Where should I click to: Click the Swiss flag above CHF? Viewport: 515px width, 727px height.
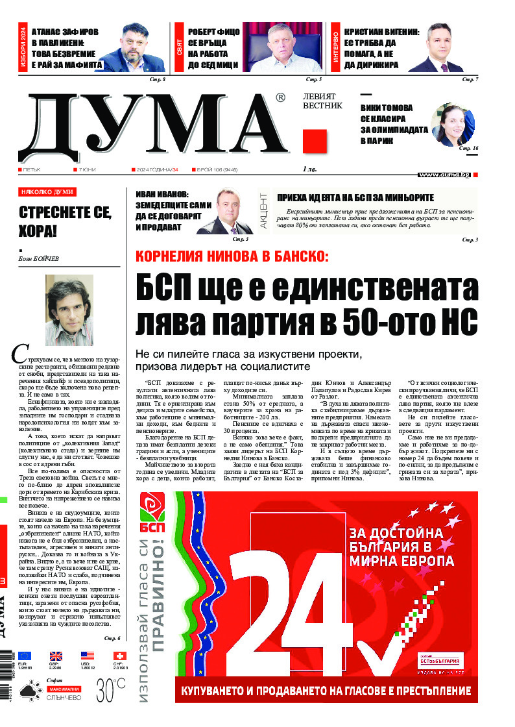[119, 656]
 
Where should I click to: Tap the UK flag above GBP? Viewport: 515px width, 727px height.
[56, 656]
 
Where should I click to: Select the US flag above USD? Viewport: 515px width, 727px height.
[88, 656]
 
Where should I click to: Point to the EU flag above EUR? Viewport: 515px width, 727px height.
[24, 656]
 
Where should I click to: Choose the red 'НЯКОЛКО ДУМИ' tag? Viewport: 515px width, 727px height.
[47, 192]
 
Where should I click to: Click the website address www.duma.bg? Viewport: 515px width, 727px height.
[445, 175]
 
